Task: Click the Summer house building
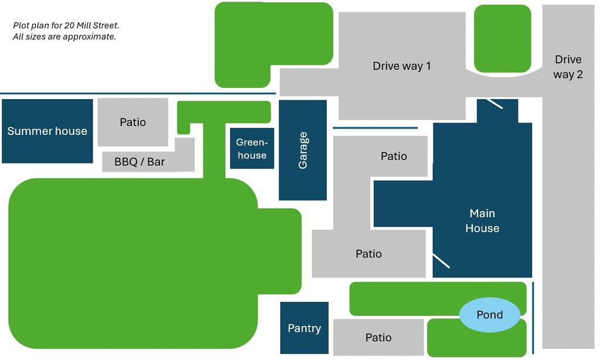tap(47, 131)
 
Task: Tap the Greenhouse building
tap(252, 148)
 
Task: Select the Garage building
tap(303, 150)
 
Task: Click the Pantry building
tap(304, 328)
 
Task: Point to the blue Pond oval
tap(490, 315)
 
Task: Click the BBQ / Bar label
tap(139, 162)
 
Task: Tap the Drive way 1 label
tap(402, 66)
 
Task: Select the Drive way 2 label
tap(568, 67)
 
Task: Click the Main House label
tap(482, 220)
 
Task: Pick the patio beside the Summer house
tap(133, 122)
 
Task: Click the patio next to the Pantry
tap(379, 337)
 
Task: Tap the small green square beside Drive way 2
tap(502, 38)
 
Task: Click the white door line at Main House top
tap(494, 104)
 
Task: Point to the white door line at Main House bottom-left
tap(441, 260)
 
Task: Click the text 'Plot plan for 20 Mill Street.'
tap(66, 25)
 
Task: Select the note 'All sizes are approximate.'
tap(64, 36)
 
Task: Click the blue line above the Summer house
tap(138, 93)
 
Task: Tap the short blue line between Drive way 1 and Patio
tap(375, 128)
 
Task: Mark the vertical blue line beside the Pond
tap(533, 318)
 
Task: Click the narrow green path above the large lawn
tap(214, 150)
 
